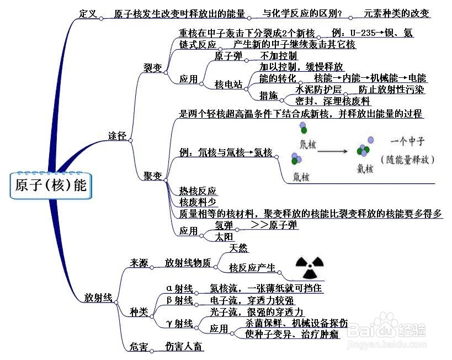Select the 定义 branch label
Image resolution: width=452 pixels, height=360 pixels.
click(x=88, y=13)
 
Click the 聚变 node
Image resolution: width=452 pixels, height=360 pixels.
click(x=152, y=176)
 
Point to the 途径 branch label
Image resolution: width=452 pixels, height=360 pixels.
click(x=117, y=135)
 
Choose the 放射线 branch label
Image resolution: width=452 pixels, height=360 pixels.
click(x=98, y=297)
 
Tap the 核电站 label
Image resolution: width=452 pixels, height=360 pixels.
click(x=228, y=84)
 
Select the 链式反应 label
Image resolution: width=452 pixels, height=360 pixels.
click(x=198, y=44)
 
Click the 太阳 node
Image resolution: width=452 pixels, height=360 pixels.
click(x=224, y=237)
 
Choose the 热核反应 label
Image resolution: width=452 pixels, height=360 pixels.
click(x=197, y=191)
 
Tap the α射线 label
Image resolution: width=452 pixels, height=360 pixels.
click(x=180, y=288)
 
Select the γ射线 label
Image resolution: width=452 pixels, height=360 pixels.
click(x=180, y=323)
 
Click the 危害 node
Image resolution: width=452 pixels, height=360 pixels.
click(x=139, y=347)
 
